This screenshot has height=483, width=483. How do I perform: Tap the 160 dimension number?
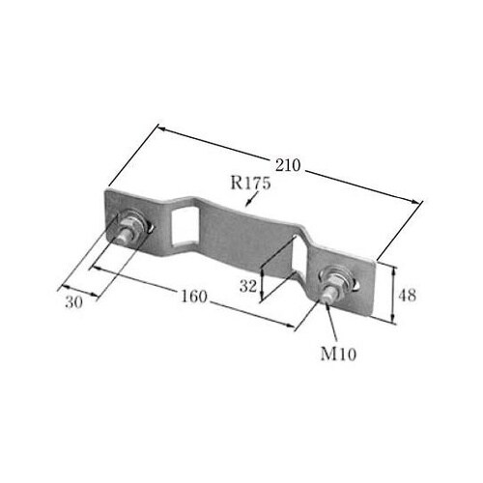(192, 297)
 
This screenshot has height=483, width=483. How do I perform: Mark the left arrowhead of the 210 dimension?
(160, 127)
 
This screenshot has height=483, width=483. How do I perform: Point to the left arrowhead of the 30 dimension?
(63, 286)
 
